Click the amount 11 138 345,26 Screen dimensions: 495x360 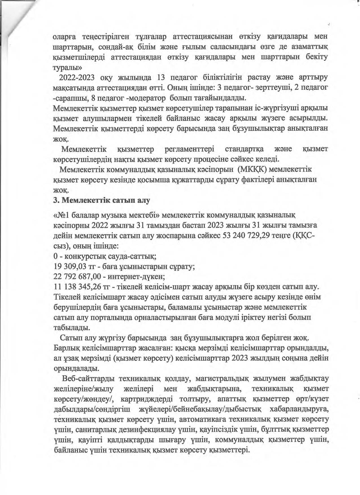(76, 287)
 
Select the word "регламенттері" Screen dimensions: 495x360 (191, 149)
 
